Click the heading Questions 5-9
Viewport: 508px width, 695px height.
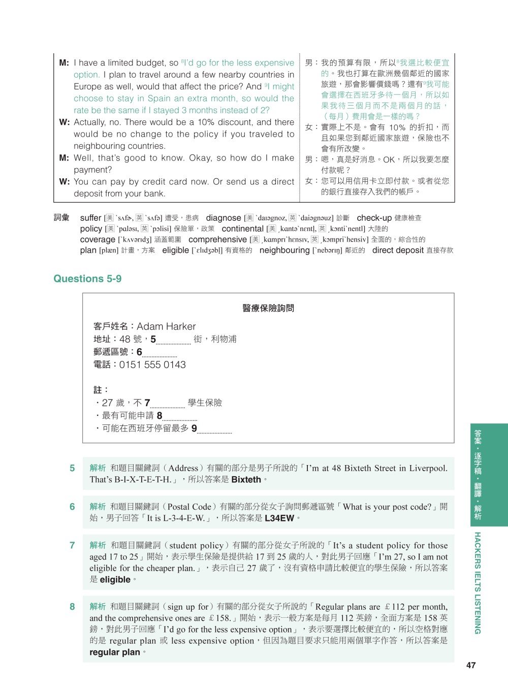click(x=87, y=279)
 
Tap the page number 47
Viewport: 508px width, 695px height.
click(x=470, y=665)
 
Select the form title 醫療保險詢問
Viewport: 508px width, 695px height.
click(x=268, y=308)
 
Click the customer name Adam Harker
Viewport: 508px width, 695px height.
click(x=166, y=326)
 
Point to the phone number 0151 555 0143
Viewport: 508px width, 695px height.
click(x=152, y=365)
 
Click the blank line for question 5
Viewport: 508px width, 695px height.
click(x=174, y=342)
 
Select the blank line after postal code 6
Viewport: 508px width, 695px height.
click(x=160, y=355)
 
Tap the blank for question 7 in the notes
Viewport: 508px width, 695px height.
click(x=168, y=406)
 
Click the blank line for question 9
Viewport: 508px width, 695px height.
click(x=214, y=431)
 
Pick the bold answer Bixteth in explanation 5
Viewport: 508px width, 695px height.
click(x=246, y=480)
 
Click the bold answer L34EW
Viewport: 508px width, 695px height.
click(x=279, y=518)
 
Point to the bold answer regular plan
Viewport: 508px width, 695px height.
click(x=115, y=652)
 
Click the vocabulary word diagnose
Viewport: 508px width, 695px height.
click(x=223, y=218)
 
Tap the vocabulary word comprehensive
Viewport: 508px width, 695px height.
click(x=217, y=239)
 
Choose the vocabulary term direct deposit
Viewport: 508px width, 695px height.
click(x=398, y=250)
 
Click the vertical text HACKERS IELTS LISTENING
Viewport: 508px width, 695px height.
click(x=477, y=583)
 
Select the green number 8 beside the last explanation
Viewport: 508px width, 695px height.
click(x=72, y=607)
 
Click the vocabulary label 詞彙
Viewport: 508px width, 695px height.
click(x=61, y=218)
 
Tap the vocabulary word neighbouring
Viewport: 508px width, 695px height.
click(x=284, y=250)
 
